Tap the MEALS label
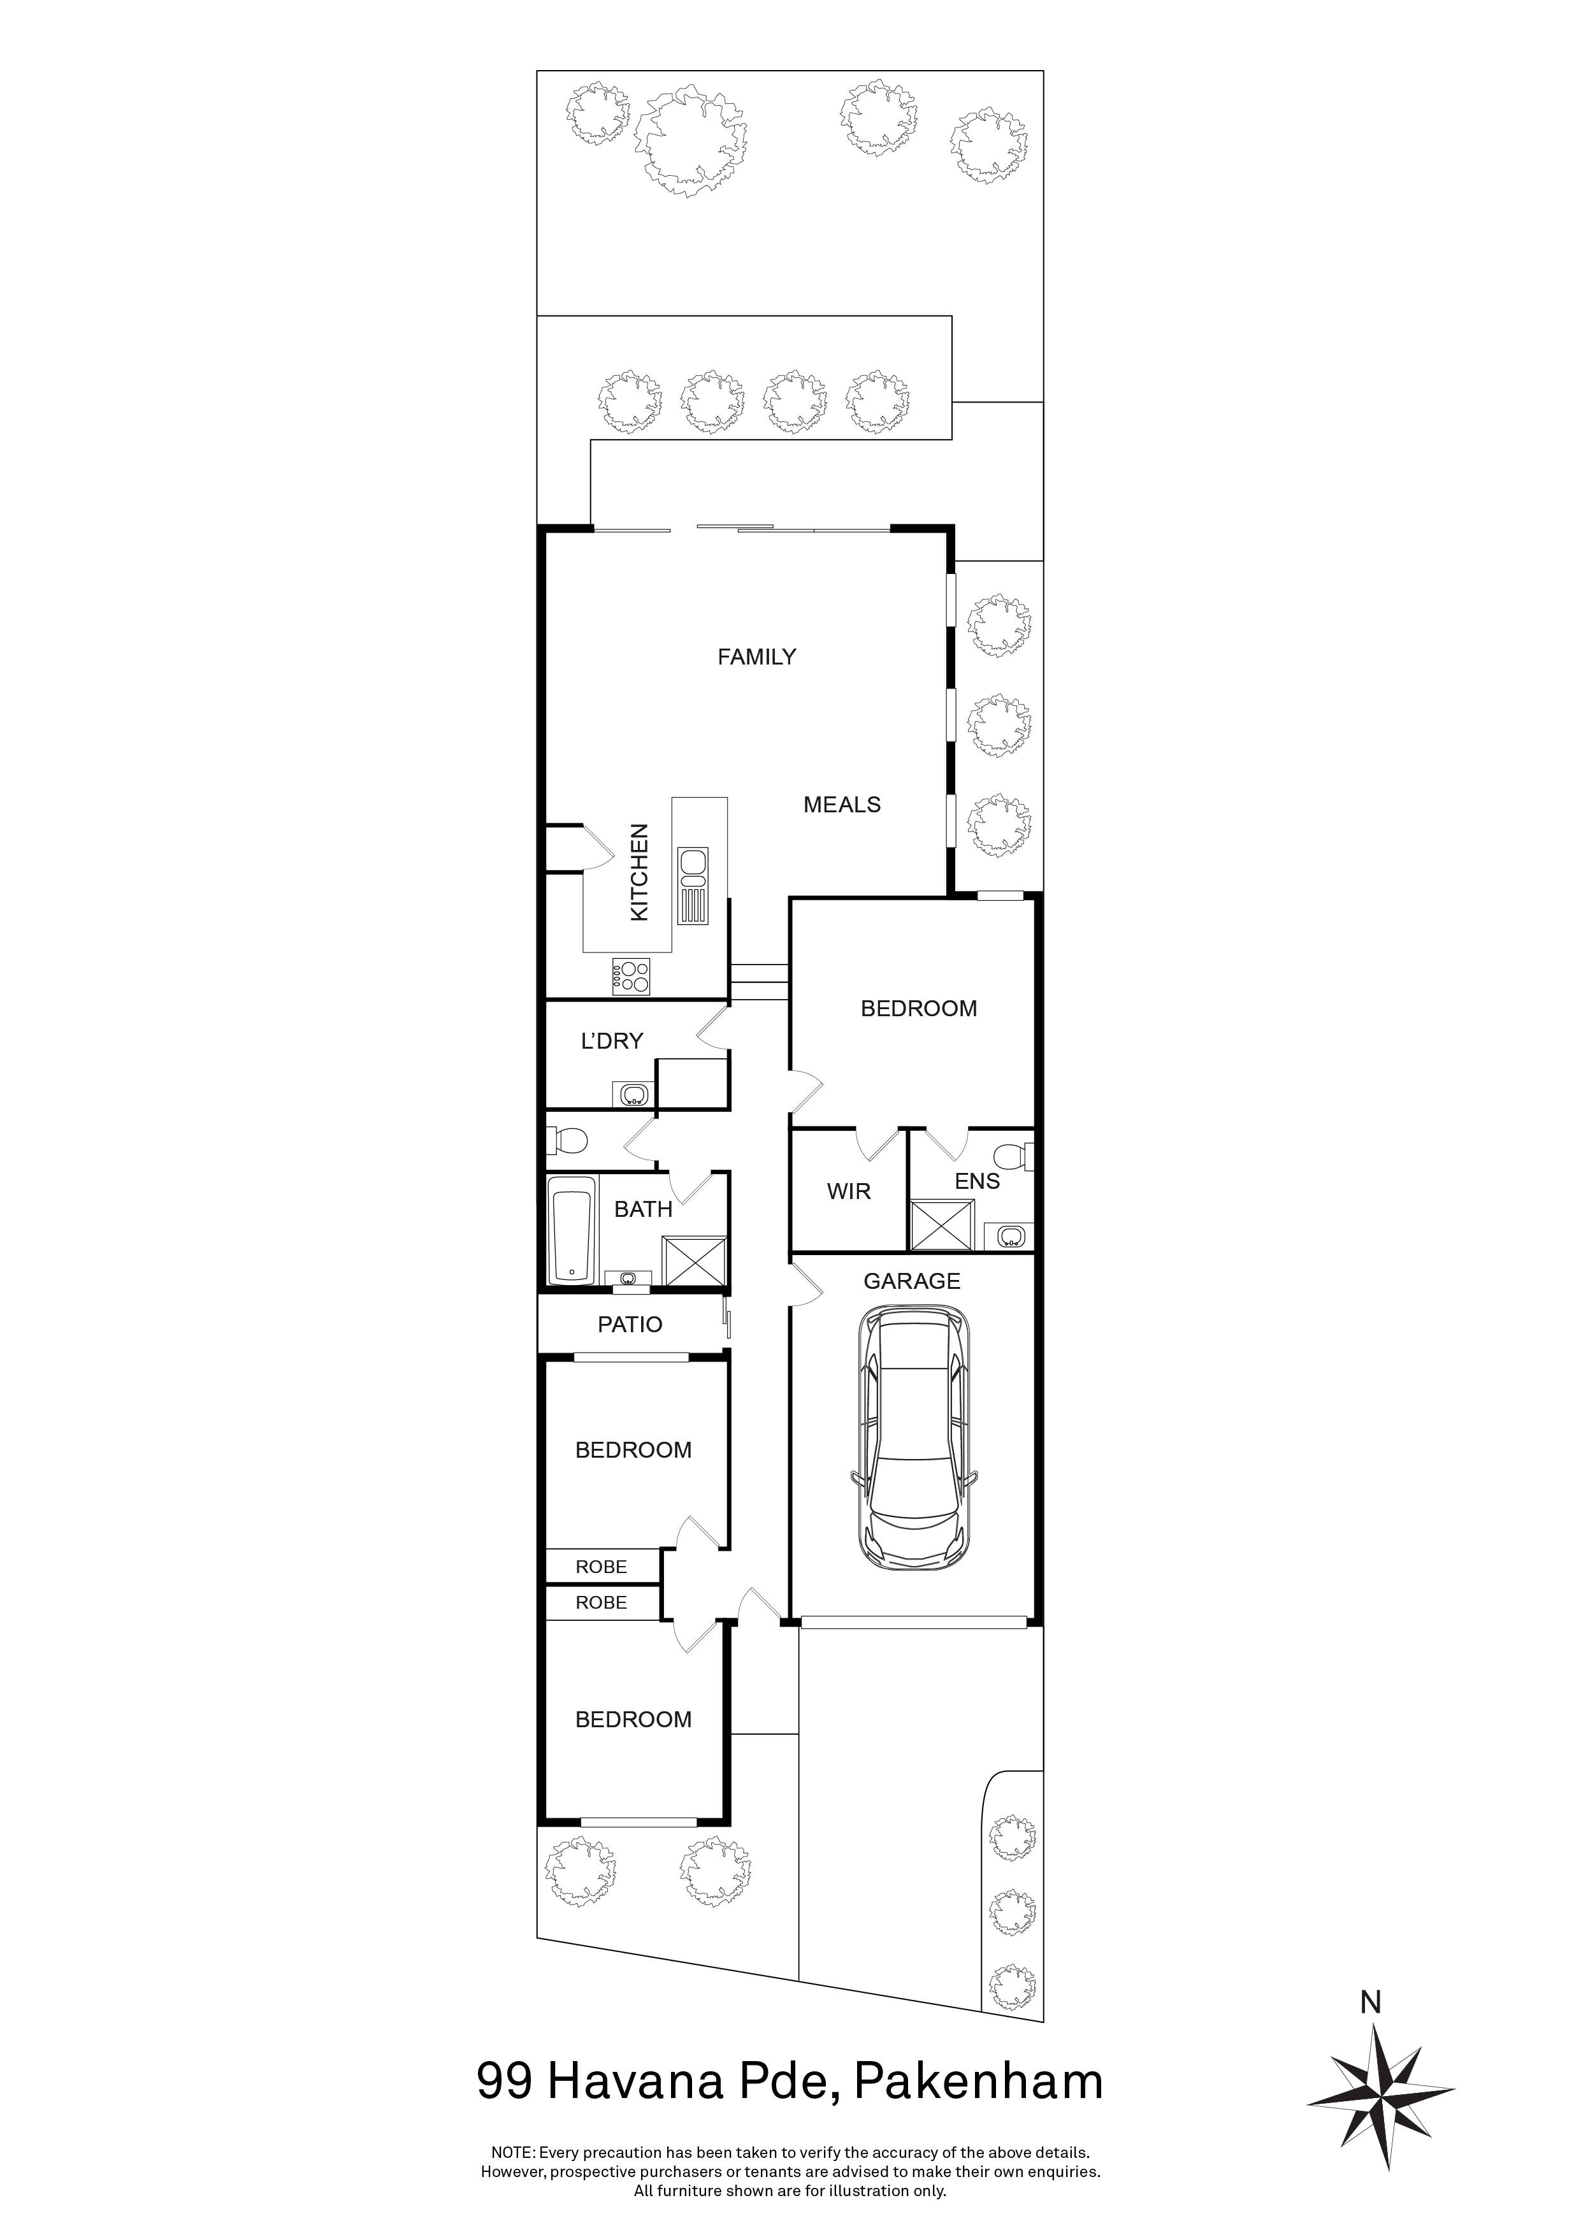842,805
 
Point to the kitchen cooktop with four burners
631,976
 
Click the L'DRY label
612,1042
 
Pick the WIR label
849,1191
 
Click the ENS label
978,1182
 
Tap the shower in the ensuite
941,1225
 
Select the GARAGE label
912,1281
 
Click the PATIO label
630,1324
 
